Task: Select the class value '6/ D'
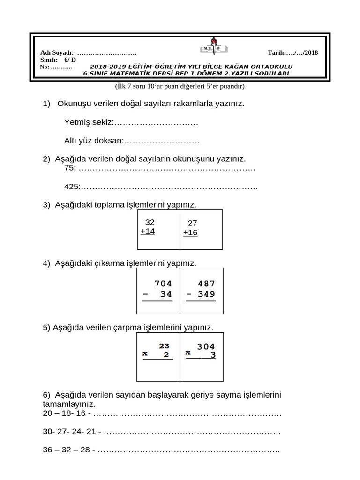coord(70,60)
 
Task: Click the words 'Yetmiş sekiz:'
coord(89,122)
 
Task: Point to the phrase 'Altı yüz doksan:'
coord(93,140)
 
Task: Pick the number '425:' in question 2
coord(72,187)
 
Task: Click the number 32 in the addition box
coord(150,222)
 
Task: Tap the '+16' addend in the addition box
coord(190,232)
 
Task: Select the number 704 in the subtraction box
coord(163,284)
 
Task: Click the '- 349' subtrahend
coord(201,294)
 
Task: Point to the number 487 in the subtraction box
coord(206,284)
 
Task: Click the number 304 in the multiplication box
coord(206,347)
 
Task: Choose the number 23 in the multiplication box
coord(164,346)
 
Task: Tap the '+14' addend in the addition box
coord(147,232)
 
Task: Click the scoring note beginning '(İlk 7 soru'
coord(180,86)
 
